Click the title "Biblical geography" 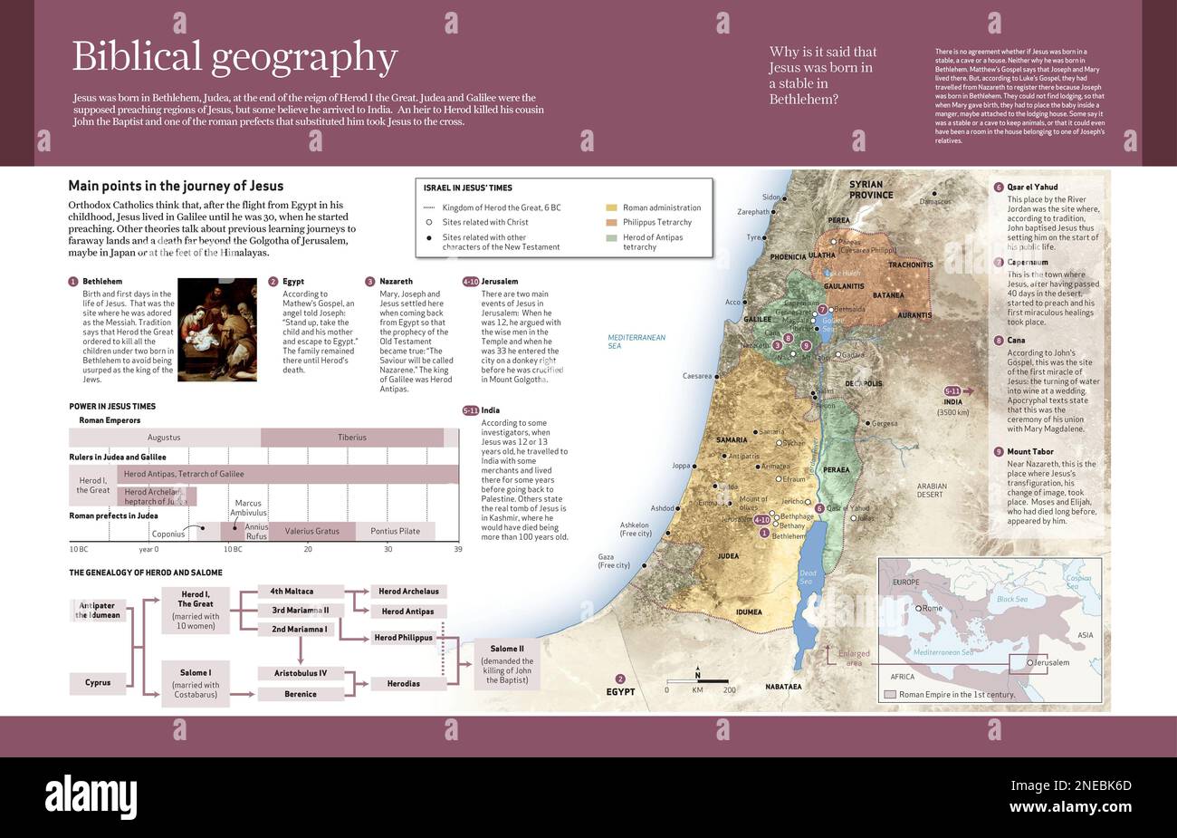coord(234,57)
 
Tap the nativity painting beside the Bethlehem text coord(216,330)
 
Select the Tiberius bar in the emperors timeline coord(352,438)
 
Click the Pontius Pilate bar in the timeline coord(396,531)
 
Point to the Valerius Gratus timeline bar coord(311,531)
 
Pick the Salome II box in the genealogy coord(507,664)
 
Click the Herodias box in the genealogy coord(403,684)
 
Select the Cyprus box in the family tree coord(98,682)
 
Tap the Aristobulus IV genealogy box coord(300,673)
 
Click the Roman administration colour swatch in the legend coord(611,207)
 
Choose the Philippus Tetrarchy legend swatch coord(611,222)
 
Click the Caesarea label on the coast coord(696,376)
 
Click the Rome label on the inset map coord(932,608)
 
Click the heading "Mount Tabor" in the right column coord(1029,451)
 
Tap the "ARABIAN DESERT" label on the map coord(931,490)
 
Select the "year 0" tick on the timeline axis coord(148,549)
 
